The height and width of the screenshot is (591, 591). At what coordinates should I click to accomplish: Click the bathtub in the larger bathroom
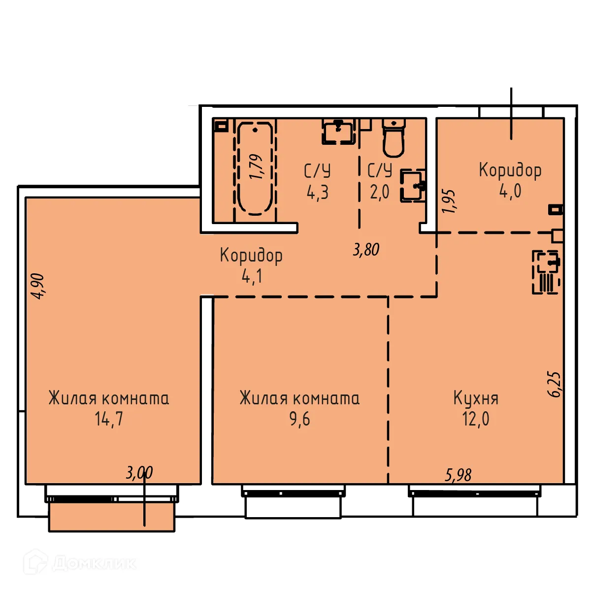pyautogui.click(x=255, y=168)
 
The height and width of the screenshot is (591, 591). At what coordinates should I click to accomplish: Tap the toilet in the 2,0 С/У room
pyautogui.click(x=393, y=138)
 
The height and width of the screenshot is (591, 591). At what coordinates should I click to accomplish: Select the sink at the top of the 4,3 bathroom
pyautogui.click(x=338, y=131)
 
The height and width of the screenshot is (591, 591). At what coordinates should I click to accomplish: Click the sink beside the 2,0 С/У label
pyautogui.click(x=413, y=186)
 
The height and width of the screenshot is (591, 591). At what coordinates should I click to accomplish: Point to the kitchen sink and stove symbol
pyautogui.click(x=546, y=272)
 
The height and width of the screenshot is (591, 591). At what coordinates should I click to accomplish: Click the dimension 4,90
pyautogui.click(x=37, y=286)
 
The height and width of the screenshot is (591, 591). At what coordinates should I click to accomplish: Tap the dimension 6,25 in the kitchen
pyautogui.click(x=555, y=384)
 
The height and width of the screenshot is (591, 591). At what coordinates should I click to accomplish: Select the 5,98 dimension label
pyautogui.click(x=458, y=475)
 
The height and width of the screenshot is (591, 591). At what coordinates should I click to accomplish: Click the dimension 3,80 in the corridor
pyautogui.click(x=366, y=249)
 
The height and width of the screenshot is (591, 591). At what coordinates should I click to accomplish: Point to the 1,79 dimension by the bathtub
pyautogui.click(x=256, y=167)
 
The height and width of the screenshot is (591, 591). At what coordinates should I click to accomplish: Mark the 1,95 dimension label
pyautogui.click(x=449, y=201)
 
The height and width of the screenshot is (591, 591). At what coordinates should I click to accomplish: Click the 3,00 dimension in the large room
pyautogui.click(x=139, y=473)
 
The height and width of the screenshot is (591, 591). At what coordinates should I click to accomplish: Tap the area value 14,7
pyautogui.click(x=109, y=419)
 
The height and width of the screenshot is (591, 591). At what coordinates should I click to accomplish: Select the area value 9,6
pyautogui.click(x=299, y=419)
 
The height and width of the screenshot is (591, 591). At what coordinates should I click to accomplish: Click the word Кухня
pyautogui.click(x=476, y=398)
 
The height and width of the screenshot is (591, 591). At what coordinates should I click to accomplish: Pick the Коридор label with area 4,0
pyautogui.click(x=510, y=170)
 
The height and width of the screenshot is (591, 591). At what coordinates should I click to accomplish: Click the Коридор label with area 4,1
pyautogui.click(x=251, y=255)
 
